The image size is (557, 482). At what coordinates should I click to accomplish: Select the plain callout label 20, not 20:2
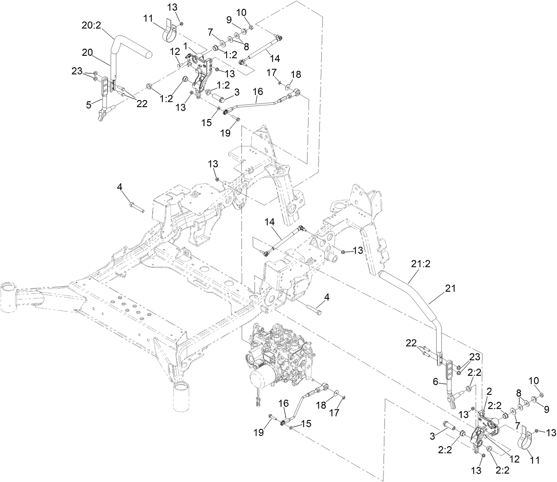point(88,52)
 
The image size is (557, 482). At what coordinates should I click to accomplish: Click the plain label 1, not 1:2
point(186,46)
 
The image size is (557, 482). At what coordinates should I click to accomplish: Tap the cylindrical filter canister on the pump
point(261,381)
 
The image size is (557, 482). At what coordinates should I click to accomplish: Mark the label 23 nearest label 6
point(474,357)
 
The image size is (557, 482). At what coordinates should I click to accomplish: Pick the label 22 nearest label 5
point(142,104)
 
